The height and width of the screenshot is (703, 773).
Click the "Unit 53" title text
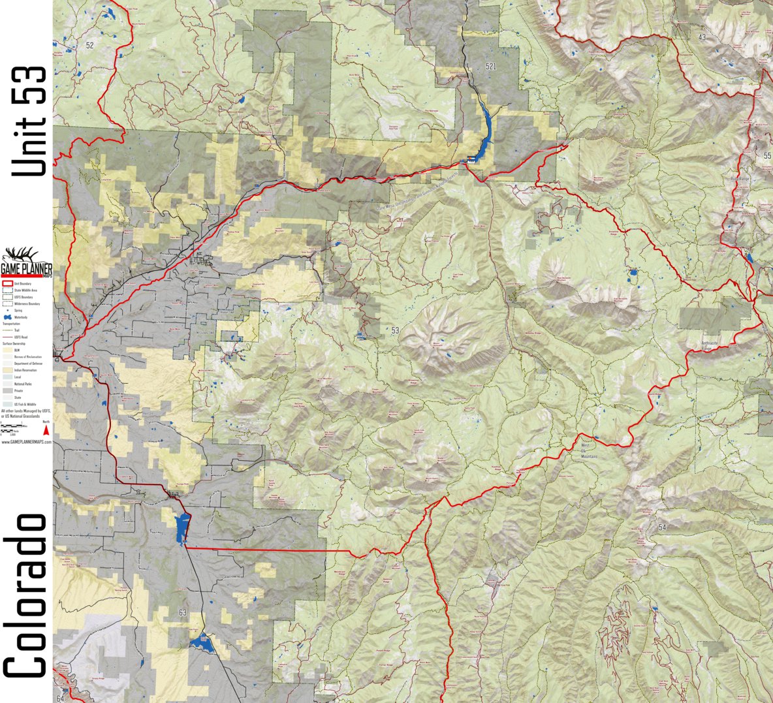(29, 121)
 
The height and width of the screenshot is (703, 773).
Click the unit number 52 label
(89, 45)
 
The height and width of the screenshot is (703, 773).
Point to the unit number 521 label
(491, 67)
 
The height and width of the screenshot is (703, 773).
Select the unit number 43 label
(702, 37)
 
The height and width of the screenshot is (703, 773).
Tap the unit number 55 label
(767, 155)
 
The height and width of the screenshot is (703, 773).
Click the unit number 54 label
(663, 527)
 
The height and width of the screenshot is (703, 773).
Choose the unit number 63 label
(182, 612)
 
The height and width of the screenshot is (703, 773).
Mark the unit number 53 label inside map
(395, 331)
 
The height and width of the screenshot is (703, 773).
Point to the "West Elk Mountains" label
(589, 452)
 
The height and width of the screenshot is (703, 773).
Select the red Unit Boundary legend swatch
(8, 284)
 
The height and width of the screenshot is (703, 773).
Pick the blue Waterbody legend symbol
(8, 317)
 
